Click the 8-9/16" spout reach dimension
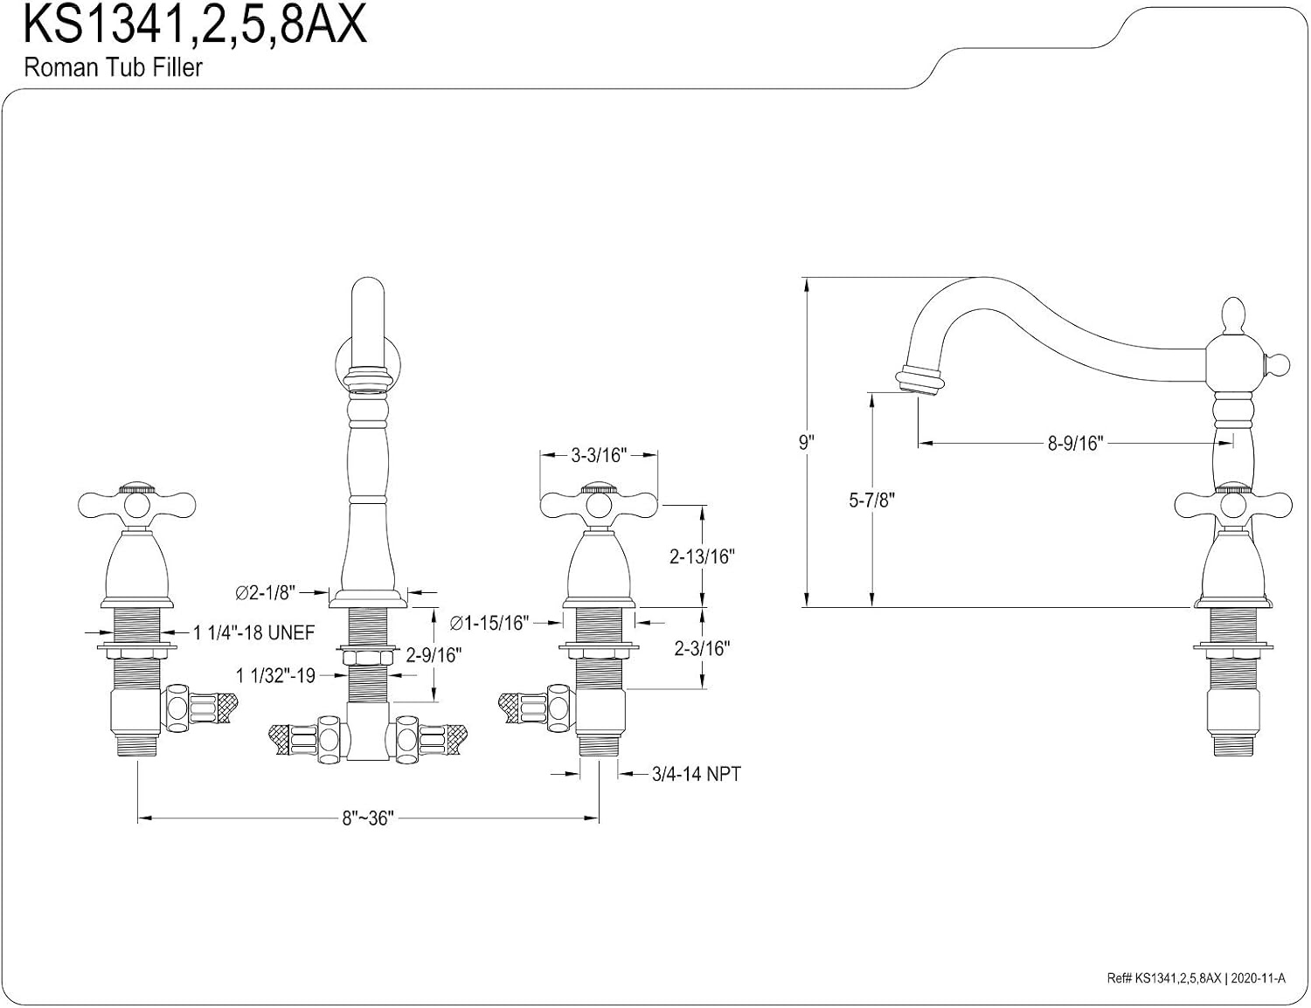click(1075, 443)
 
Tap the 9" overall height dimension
click(807, 443)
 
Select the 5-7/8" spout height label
click(871, 500)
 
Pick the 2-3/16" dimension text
click(702, 649)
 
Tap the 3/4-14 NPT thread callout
click(697, 774)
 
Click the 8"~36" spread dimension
click(368, 818)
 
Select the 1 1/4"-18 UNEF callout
click(254, 632)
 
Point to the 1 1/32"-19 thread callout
click(275, 675)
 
